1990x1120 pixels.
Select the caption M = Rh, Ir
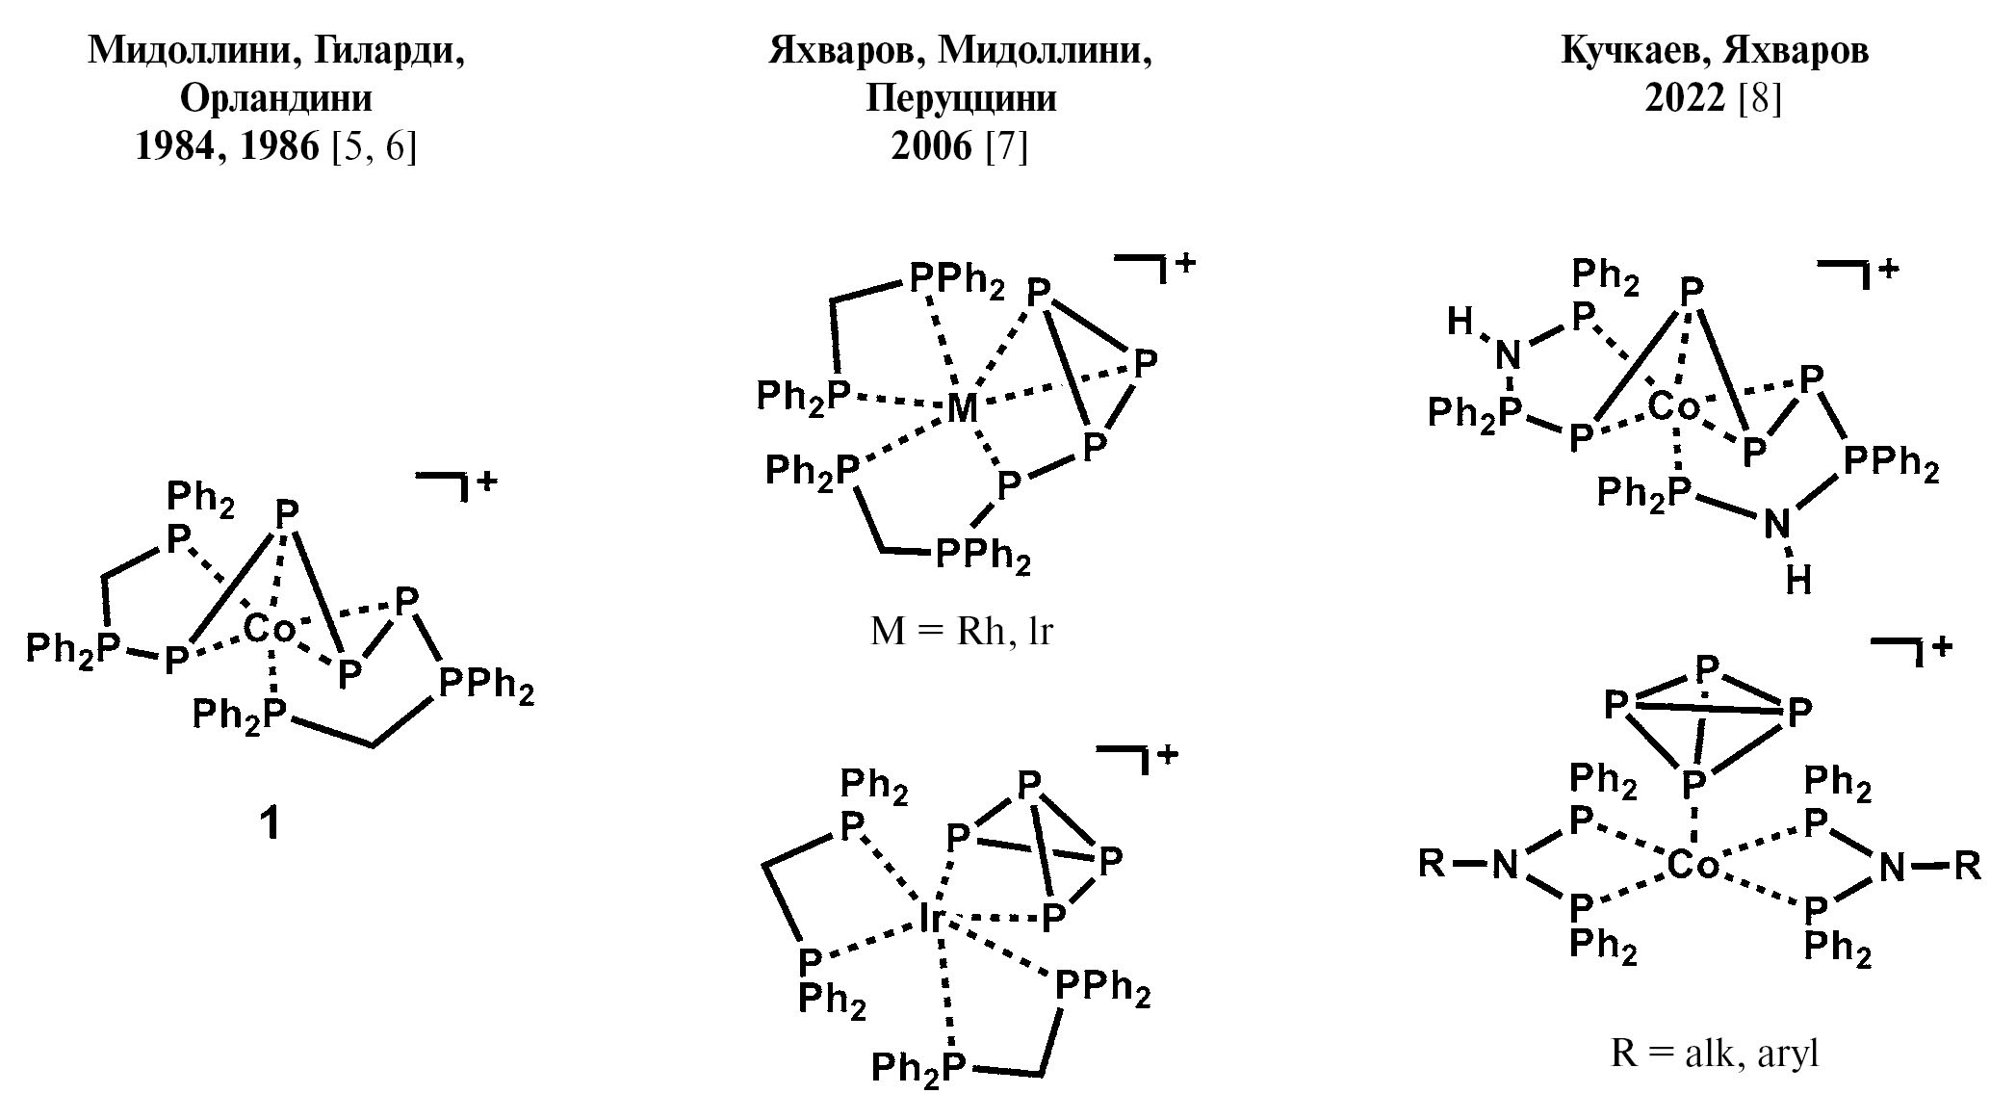pos(961,631)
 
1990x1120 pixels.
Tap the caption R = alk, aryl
pos(1715,1054)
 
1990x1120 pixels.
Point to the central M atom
pos(962,408)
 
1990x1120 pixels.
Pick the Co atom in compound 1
pos(269,629)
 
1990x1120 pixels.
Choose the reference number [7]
pos(1007,146)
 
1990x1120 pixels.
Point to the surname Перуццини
pos(961,98)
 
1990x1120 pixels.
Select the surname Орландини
pos(275,98)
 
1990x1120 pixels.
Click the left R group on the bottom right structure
pos(1433,864)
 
